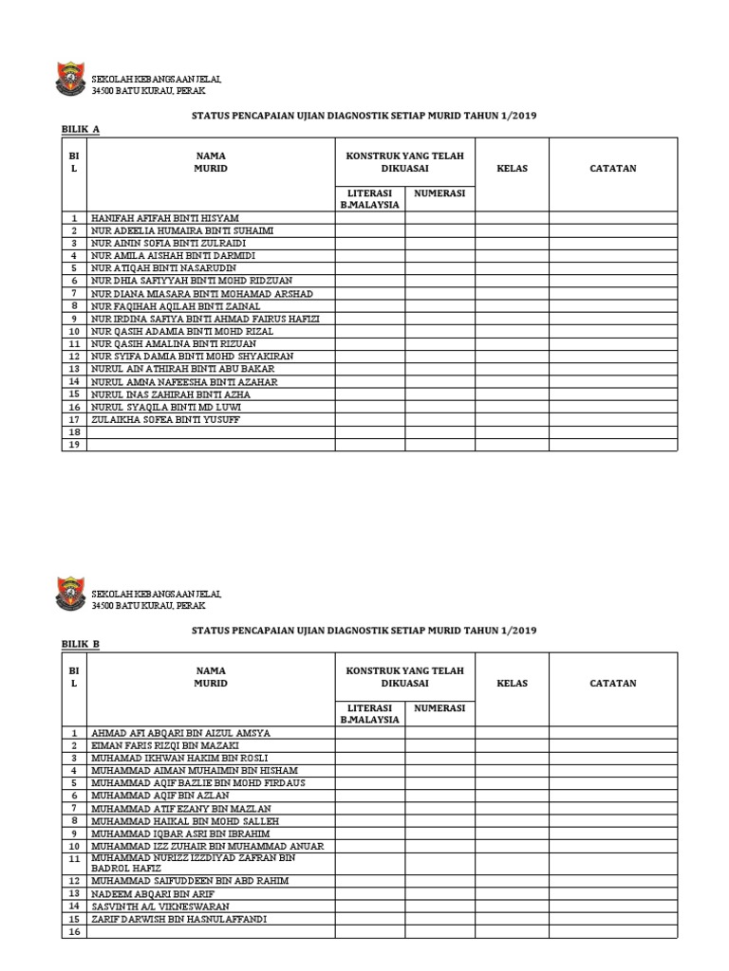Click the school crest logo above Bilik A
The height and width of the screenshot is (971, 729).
point(72,82)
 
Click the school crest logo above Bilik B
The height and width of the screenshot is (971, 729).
point(72,596)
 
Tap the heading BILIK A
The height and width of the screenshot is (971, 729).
point(81,128)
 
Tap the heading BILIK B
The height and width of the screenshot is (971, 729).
point(81,643)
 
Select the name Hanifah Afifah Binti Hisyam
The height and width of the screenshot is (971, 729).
point(164,218)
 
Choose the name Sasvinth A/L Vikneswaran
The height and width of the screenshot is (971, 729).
point(159,906)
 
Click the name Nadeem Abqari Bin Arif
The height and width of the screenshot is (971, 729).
point(149,893)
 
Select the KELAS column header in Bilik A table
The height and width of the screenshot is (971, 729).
point(512,169)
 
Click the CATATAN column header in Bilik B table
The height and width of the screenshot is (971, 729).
point(612,683)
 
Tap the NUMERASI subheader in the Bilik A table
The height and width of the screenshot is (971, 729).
point(439,192)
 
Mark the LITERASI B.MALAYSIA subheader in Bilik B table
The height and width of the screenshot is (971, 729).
point(369,713)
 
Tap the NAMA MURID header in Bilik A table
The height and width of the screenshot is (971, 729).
point(211,161)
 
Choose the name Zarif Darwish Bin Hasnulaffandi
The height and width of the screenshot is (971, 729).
point(178,919)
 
